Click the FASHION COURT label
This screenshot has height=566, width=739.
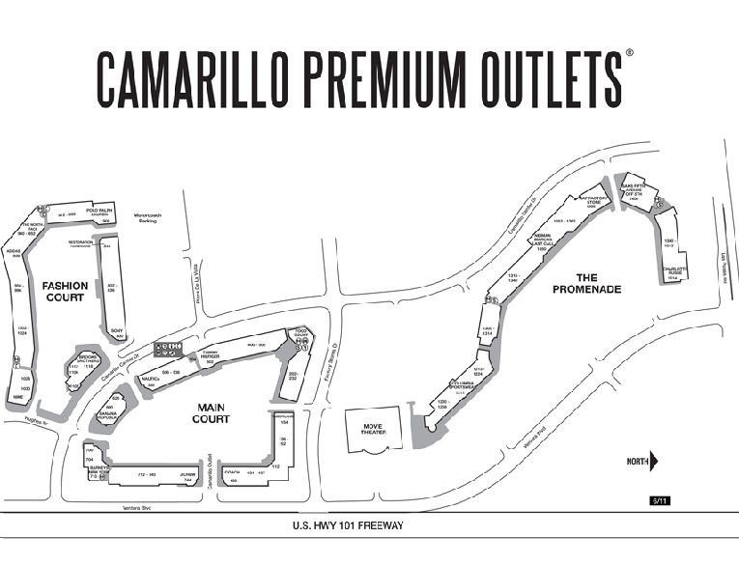coord(65,291)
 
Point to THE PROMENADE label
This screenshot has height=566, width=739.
coord(585,284)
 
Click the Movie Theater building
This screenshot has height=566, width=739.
coord(373,430)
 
